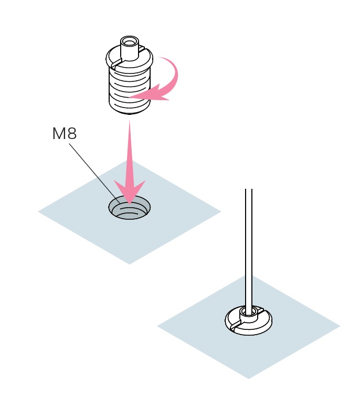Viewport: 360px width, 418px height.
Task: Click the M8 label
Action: (65, 133)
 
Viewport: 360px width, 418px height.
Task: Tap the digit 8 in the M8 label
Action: (72, 133)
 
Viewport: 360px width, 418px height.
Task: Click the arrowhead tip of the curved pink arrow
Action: (129, 97)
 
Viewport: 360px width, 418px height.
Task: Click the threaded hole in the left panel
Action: (130, 208)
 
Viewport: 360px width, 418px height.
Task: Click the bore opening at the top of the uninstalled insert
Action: (130, 42)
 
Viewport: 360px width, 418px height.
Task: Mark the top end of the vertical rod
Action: (249, 189)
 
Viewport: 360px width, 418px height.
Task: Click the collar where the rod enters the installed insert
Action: (249, 315)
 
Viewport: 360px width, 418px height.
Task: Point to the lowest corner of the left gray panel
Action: (129, 264)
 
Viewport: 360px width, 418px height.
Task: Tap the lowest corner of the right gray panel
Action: (249, 379)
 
